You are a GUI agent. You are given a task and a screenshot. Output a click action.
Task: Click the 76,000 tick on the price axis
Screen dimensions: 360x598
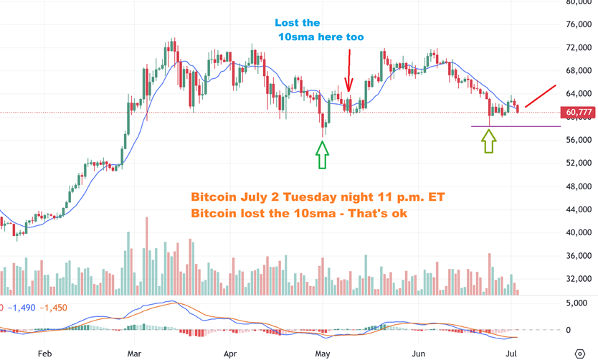point(578,24)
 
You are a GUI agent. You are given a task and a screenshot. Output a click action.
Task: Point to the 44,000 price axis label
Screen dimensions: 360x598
point(578,209)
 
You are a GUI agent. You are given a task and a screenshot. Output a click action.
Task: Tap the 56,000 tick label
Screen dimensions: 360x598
point(578,140)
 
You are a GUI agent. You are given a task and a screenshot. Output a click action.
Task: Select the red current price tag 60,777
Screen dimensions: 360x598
point(578,113)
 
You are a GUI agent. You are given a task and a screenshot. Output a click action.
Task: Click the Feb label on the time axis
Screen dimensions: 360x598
point(44,354)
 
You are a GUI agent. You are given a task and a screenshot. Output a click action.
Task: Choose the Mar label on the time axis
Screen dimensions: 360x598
point(134,354)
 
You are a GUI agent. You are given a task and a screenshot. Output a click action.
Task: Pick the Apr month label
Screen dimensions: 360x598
point(230,354)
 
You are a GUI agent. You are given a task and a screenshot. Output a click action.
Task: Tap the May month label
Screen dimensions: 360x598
point(323,354)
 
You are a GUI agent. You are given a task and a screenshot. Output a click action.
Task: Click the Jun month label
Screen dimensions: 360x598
point(419,354)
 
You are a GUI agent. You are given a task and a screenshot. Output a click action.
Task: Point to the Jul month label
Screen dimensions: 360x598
point(511,354)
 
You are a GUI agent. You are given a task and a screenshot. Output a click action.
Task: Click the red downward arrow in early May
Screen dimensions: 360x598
point(348,70)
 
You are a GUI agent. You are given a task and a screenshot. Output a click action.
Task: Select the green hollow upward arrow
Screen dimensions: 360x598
point(322,154)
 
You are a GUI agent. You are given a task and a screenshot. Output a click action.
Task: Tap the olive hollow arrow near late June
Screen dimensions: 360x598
point(488,141)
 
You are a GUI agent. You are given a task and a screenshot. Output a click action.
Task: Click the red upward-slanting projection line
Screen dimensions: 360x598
point(540,96)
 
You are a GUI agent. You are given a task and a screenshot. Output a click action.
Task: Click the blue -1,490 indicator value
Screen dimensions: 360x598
point(21,308)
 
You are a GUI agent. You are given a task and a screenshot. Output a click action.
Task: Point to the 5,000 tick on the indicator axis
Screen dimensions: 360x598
point(578,303)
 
